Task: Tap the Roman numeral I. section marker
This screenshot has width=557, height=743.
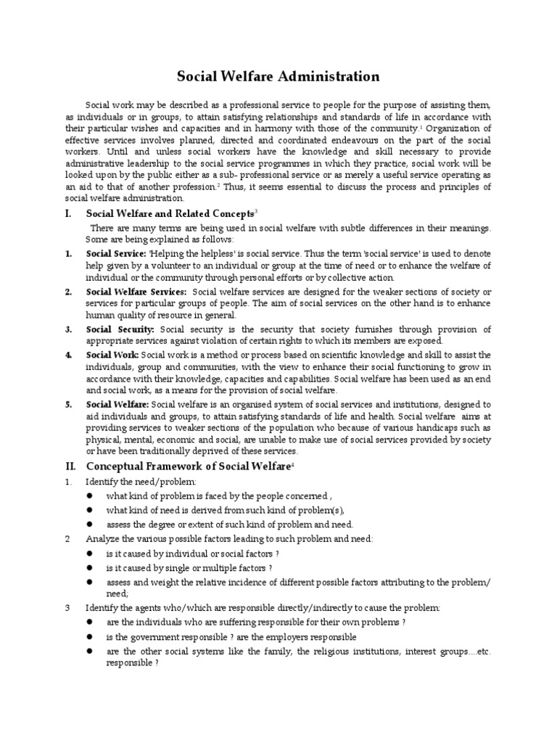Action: pos(68,214)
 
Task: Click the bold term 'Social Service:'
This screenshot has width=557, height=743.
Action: pos(115,255)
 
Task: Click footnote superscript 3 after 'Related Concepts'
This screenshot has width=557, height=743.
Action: pos(256,211)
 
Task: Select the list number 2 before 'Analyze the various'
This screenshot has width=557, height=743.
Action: pos(67,538)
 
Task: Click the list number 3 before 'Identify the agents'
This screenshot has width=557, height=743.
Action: pos(67,607)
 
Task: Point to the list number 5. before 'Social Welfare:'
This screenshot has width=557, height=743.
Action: pos(67,404)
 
